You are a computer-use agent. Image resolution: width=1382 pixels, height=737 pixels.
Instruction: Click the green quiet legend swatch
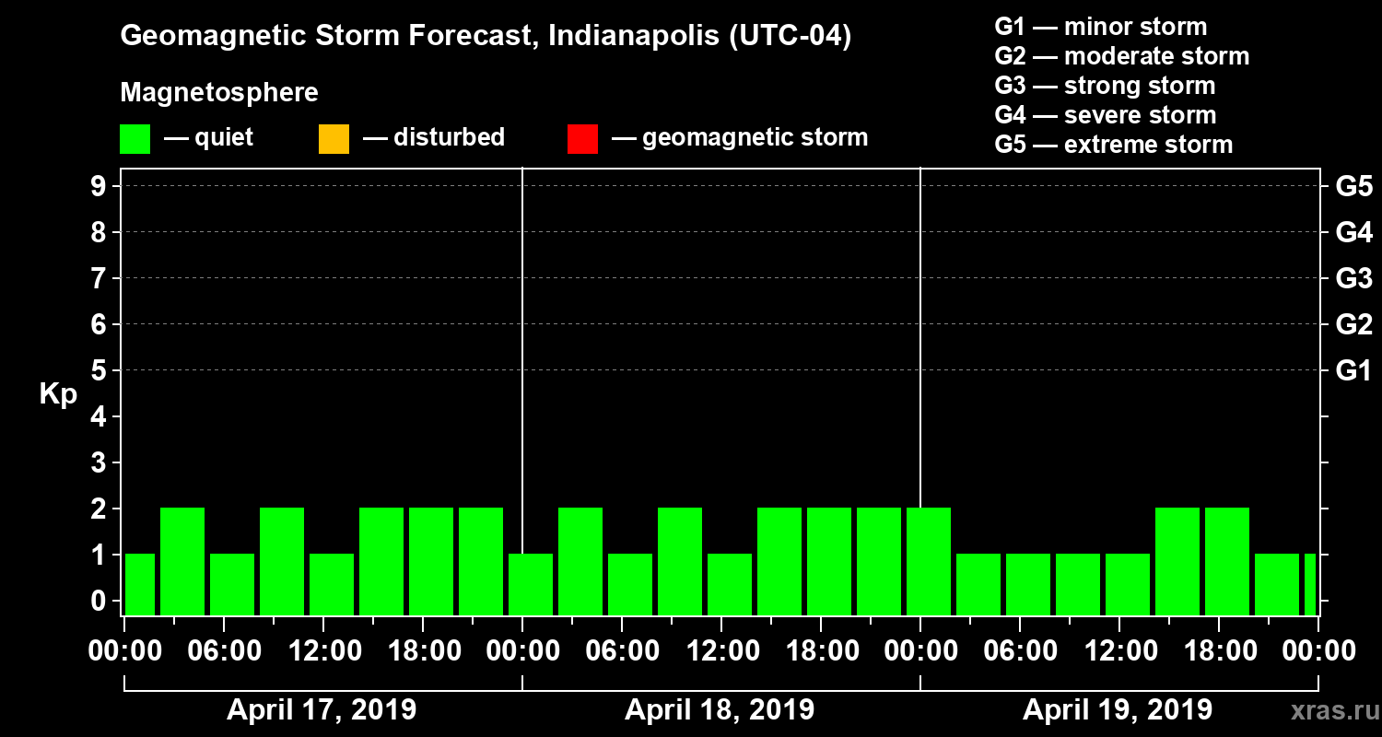[x=135, y=139]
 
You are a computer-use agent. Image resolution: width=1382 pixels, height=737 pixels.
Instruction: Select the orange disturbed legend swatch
[x=334, y=139]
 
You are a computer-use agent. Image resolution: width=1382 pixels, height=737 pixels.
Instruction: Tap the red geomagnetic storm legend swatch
[x=582, y=139]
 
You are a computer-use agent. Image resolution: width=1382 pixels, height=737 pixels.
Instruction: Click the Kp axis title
[x=58, y=394]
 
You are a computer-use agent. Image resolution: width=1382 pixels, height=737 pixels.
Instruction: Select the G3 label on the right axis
[x=1353, y=278]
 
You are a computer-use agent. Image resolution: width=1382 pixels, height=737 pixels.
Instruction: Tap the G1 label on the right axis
[x=1353, y=370]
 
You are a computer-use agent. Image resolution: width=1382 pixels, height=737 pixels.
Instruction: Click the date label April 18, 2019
[x=720, y=710]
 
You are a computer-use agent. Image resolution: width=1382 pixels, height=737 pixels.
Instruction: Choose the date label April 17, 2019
[x=322, y=710]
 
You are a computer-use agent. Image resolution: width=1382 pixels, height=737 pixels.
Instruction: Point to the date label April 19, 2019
[x=1118, y=710]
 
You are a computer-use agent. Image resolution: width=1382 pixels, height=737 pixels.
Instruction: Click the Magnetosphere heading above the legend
[x=219, y=93]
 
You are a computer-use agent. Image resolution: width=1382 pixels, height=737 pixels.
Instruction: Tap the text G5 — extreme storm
[x=1113, y=145]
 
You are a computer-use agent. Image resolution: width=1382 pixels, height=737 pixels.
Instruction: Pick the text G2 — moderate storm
[x=1121, y=56]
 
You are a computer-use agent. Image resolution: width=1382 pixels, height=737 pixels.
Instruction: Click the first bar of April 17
[x=140, y=584]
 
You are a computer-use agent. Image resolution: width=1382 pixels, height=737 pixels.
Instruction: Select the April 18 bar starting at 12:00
[x=730, y=584]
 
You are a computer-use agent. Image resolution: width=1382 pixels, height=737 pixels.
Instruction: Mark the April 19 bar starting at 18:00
[x=1227, y=561]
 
